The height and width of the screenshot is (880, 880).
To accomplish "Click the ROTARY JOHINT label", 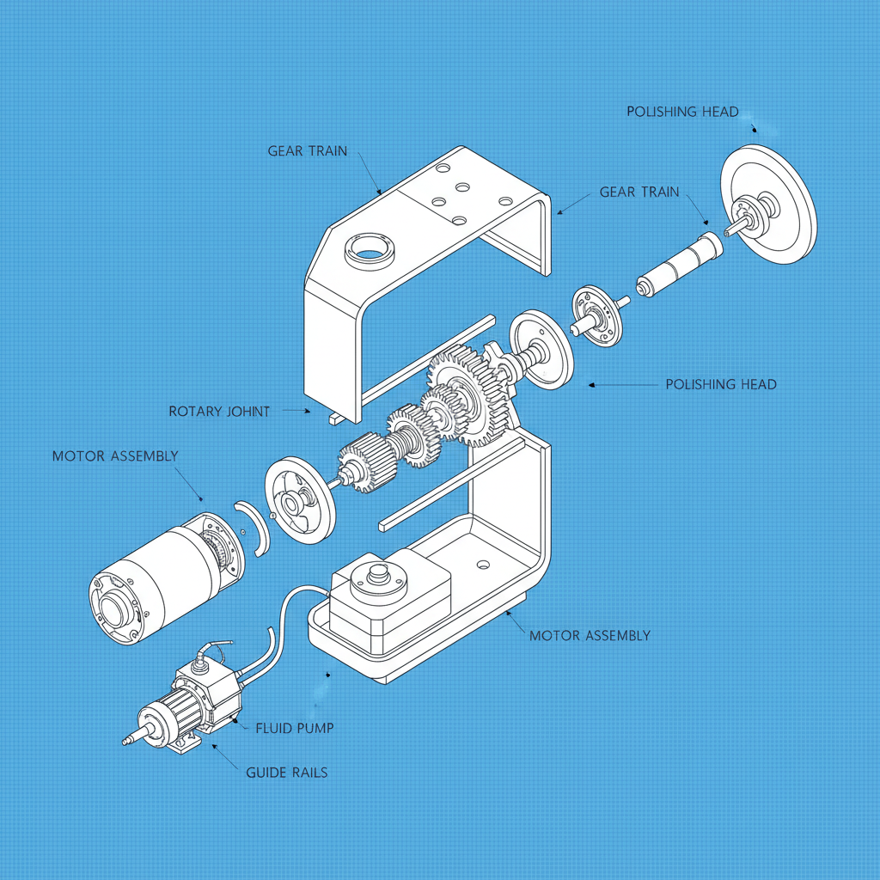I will coord(219,412).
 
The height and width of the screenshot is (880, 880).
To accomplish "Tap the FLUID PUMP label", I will coord(295,728).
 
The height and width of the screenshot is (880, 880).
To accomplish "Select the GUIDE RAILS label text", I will coord(286,773).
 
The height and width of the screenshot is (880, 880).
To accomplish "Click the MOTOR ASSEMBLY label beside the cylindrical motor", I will coord(115,455).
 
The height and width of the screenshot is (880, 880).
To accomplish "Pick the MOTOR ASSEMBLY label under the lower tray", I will coord(590,636).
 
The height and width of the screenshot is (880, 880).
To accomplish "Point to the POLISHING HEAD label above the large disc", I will coord(682,112).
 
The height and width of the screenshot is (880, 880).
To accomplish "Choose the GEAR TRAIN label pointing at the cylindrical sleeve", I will coord(639,192).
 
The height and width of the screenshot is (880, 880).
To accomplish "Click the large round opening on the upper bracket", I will coord(370,251).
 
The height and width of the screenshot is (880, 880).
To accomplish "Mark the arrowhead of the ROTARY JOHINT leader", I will coord(308,412).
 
